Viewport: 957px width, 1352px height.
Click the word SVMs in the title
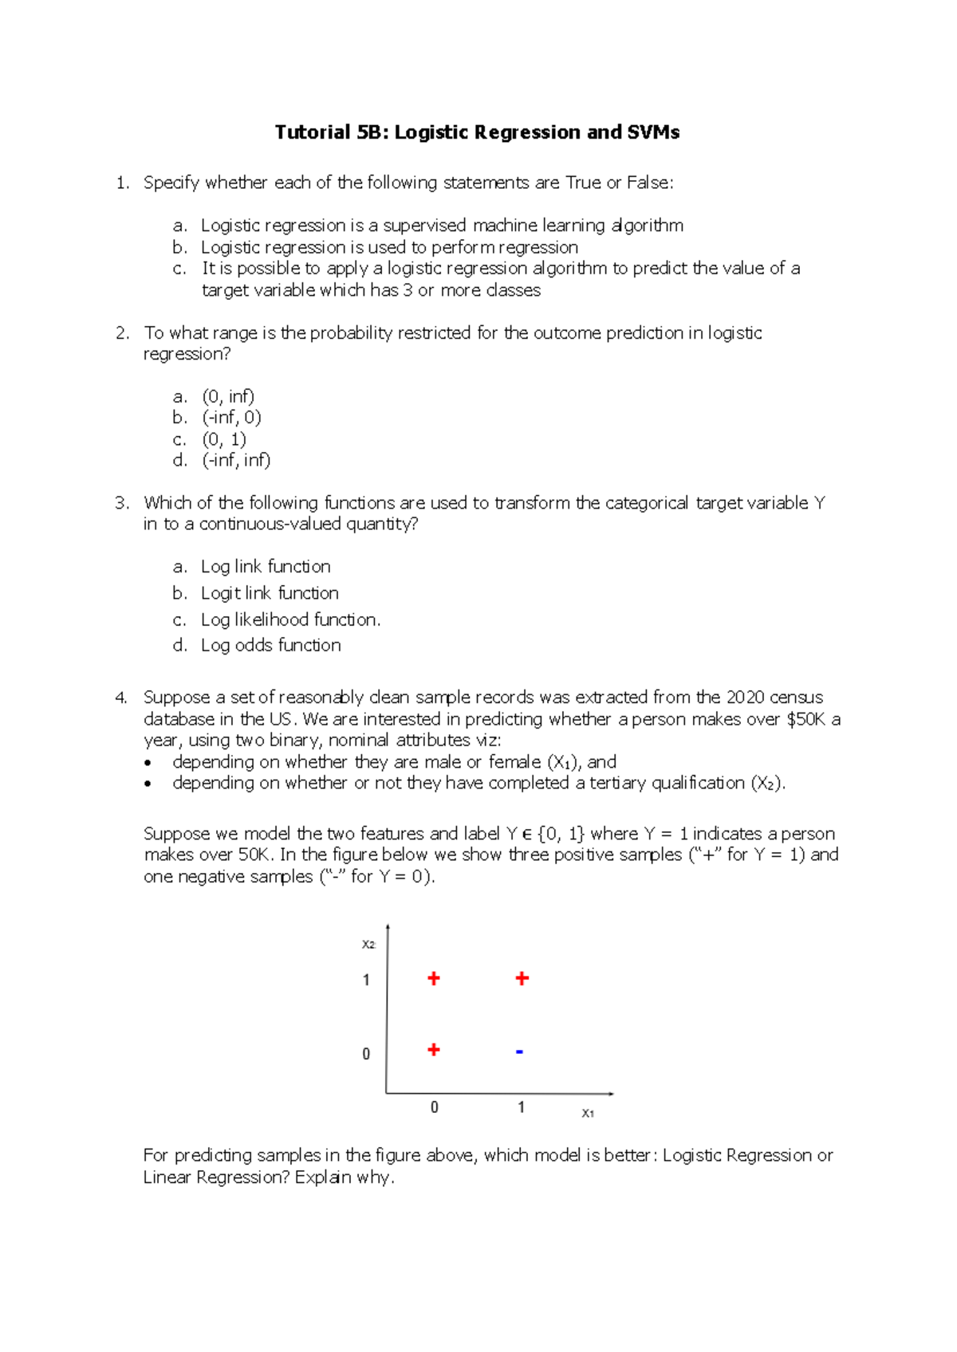point(653,132)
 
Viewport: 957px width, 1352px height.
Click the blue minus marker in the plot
point(519,1052)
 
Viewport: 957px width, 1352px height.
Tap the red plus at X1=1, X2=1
point(522,978)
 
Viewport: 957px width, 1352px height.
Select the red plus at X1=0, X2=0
point(434,1049)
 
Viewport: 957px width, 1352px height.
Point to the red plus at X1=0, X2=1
point(434,978)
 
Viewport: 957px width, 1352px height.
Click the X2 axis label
point(368,944)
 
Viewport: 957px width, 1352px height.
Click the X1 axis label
point(588,1113)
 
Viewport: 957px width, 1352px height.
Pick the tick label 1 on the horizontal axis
point(521,1106)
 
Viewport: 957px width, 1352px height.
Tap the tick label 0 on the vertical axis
point(366,1054)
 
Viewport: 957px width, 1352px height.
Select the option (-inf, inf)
point(236,460)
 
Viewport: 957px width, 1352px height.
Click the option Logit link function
point(270,593)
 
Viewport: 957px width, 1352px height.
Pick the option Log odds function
point(270,645)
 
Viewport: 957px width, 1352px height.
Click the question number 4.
point(120,698)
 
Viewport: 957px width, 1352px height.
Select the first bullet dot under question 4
point(148,763)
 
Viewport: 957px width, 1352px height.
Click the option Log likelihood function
point(290,619)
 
